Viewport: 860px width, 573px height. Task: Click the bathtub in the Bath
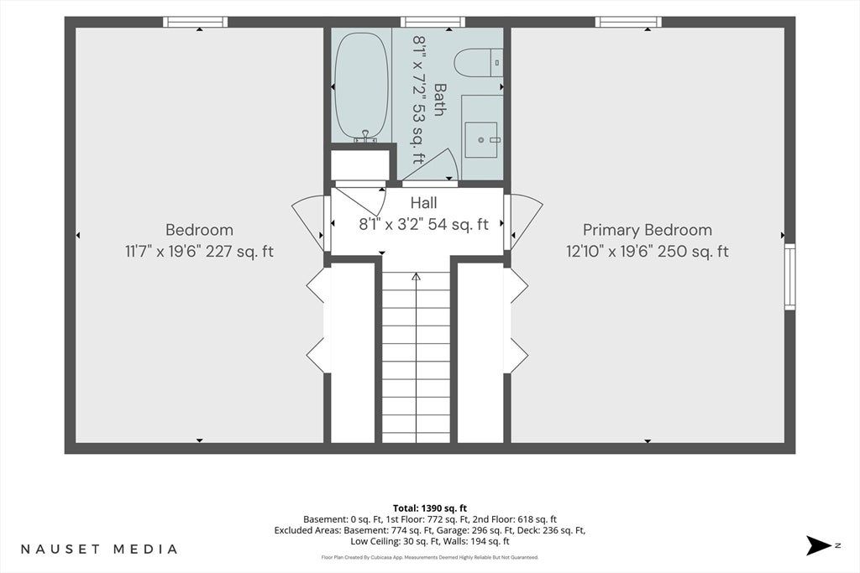(361, 86)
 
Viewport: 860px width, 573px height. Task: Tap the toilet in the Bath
(478, 63)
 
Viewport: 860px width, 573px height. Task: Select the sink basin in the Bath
(481, 140)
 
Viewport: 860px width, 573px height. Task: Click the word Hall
(424, 203)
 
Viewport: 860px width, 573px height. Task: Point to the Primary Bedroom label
(648, 230)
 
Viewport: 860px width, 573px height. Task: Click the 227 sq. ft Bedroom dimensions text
(199, 252)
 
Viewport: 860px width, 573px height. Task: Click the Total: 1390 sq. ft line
(430, 508)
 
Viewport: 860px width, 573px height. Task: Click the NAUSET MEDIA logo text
(99, 549)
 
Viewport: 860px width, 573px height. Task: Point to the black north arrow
(820, 545)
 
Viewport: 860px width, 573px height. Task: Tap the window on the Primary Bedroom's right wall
(789, 277)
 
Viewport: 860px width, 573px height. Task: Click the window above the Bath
(433, 22)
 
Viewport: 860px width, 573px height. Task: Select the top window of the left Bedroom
(195, 22)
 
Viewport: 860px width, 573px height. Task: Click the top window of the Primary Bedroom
(628, 22)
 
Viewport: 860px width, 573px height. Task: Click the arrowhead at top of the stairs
(417, 277)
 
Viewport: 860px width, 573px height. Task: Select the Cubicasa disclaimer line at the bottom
(430, 557)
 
